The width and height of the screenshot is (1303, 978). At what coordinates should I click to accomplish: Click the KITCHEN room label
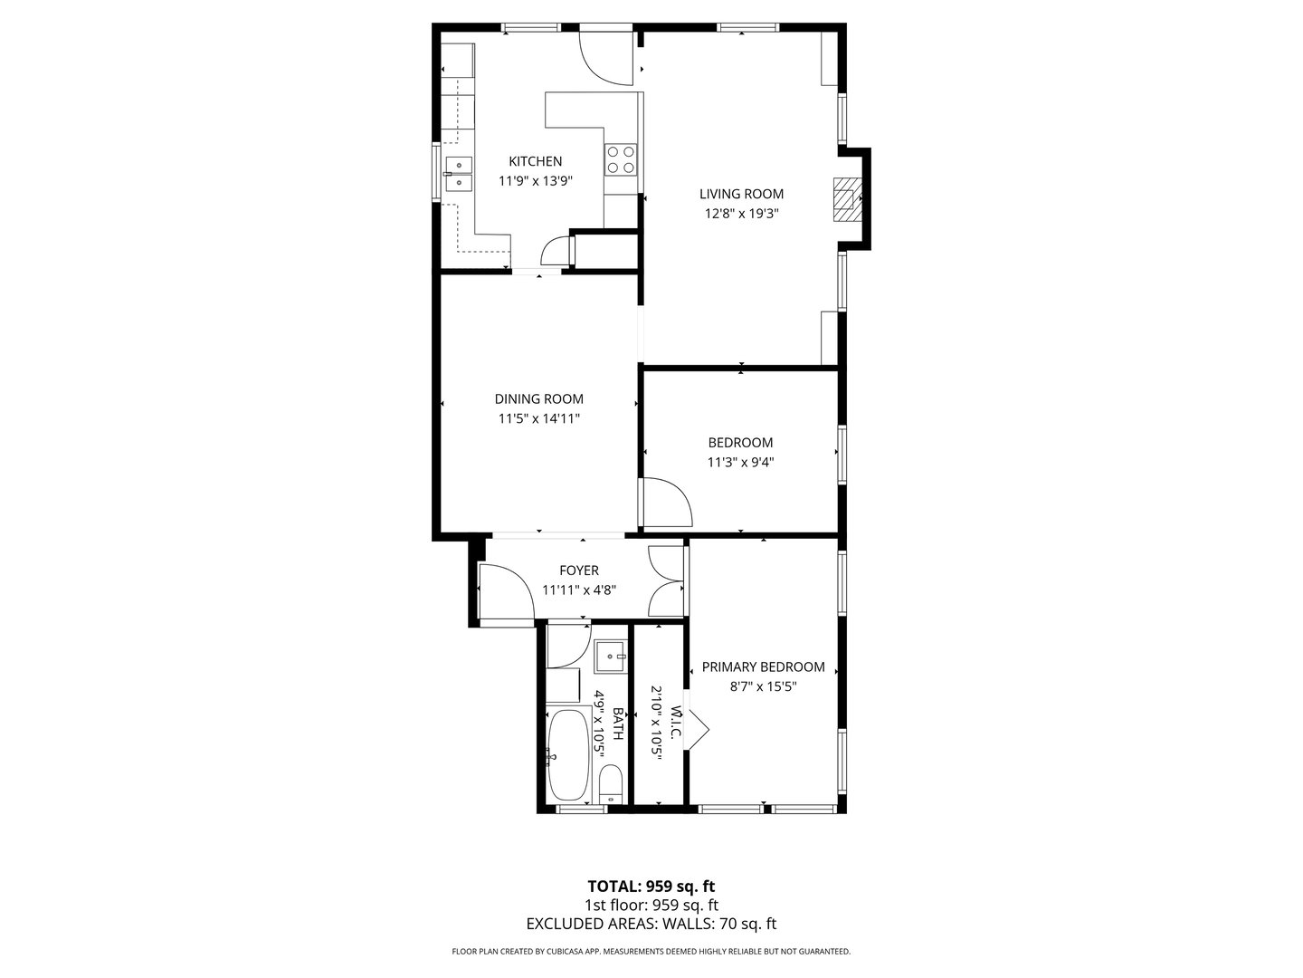(x=535, y=161)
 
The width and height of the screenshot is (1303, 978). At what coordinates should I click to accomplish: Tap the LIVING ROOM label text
(x=741, y=194)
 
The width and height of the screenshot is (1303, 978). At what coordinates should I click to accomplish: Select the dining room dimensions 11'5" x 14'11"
(x=538, y=418)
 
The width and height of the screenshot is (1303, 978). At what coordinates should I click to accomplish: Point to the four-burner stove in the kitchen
(x=621, y=159)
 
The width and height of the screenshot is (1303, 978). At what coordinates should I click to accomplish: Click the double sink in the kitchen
(x=459, y=174)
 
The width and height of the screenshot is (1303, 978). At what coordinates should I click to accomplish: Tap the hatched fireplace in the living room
(x=845, y=199)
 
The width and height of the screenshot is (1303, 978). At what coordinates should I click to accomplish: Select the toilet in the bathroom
(x=610, y=784)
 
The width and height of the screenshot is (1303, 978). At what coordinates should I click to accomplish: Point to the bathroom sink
(x=610, y=656)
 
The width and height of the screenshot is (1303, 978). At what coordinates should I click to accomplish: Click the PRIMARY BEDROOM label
(x=763, y=666)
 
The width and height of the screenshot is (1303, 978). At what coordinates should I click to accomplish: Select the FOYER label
(x=579, y=570)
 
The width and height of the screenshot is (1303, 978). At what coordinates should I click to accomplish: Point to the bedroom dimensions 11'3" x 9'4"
(x=740, y=462)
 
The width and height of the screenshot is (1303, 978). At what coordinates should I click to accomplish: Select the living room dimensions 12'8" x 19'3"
(x=741, y=214)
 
